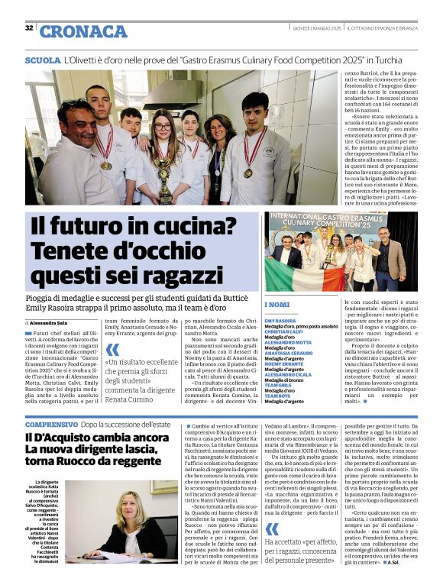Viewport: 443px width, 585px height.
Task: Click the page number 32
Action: tap(29, 27)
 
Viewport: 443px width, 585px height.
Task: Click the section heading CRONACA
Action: tap(83, 31)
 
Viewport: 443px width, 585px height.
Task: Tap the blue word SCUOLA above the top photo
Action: tap(43, 60)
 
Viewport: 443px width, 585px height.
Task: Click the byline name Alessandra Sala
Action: tap(50, 302)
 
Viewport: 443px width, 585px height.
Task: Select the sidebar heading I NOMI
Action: tap(276, 305)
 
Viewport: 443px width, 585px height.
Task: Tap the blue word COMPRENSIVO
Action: tap(51, 424)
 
